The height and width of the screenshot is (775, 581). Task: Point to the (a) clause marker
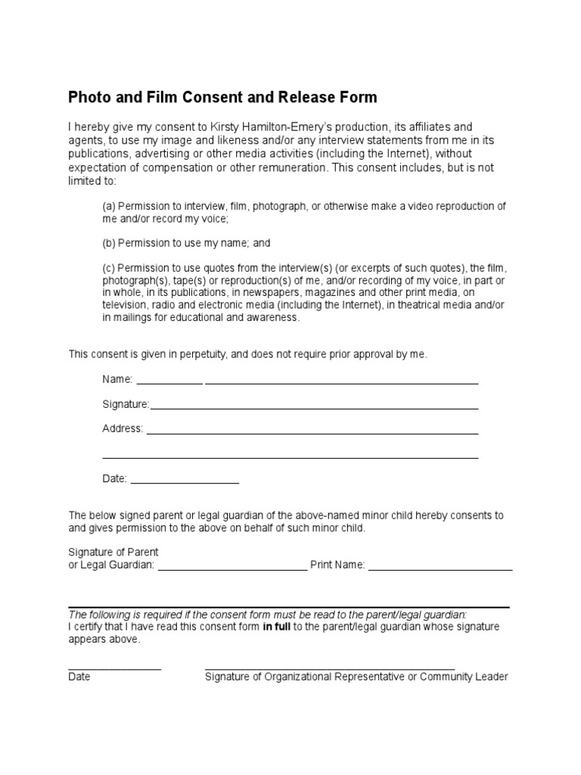pyautogui.click(x=109, y=207)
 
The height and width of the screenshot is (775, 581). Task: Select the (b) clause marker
pyautogui.click(x=109, y=243)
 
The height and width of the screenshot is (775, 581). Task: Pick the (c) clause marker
pyautogui.click(x=109, y=269)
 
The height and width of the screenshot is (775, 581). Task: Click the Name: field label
pyautogui.click(x=117, y=379)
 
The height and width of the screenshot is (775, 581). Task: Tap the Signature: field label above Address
pyautogui.click(x=126, y=404)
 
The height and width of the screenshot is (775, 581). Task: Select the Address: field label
pyautogui.click(x=123, y=428)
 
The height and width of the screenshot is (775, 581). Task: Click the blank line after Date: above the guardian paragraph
pyautogui.click(x=185, y=482)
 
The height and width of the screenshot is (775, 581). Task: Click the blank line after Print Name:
pyautogui.click(x=440, y=568)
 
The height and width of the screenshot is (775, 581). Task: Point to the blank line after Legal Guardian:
pyautogui.click(x=233, y=568)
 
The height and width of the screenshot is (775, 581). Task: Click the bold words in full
pyautogui.click(x=277, y=627)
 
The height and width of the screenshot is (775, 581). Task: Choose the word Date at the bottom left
pyautogui.click(x=79, y=677)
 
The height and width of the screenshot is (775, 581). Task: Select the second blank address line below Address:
pyautogui.click(x=290, y=457)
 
